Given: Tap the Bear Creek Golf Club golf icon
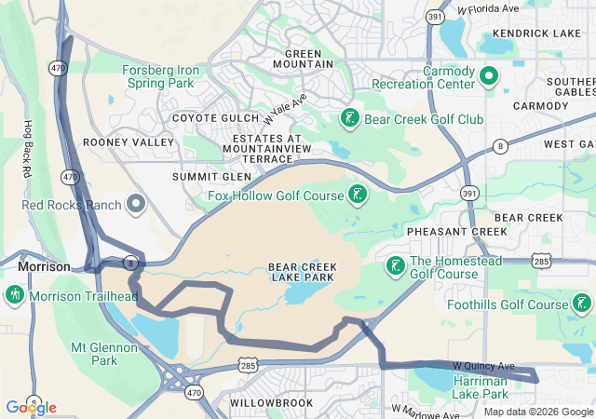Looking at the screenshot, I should coord(349,118).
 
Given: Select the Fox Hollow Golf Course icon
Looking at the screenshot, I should coord(356,195).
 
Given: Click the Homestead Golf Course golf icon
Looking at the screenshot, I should coord(395,267).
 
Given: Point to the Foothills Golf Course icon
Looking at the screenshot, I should coord(581,304).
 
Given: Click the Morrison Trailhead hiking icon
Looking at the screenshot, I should coord(14,296).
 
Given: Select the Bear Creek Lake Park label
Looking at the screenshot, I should coord(303,272).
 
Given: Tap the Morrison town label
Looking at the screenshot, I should coord(44,266).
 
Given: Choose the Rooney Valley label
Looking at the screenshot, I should coord(129,142).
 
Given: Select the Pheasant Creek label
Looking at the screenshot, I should coord(443,231).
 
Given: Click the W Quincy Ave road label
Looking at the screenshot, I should coord(483,366).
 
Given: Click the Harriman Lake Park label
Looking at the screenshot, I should coord(480,386).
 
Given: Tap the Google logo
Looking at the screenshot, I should coord(31,407).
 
